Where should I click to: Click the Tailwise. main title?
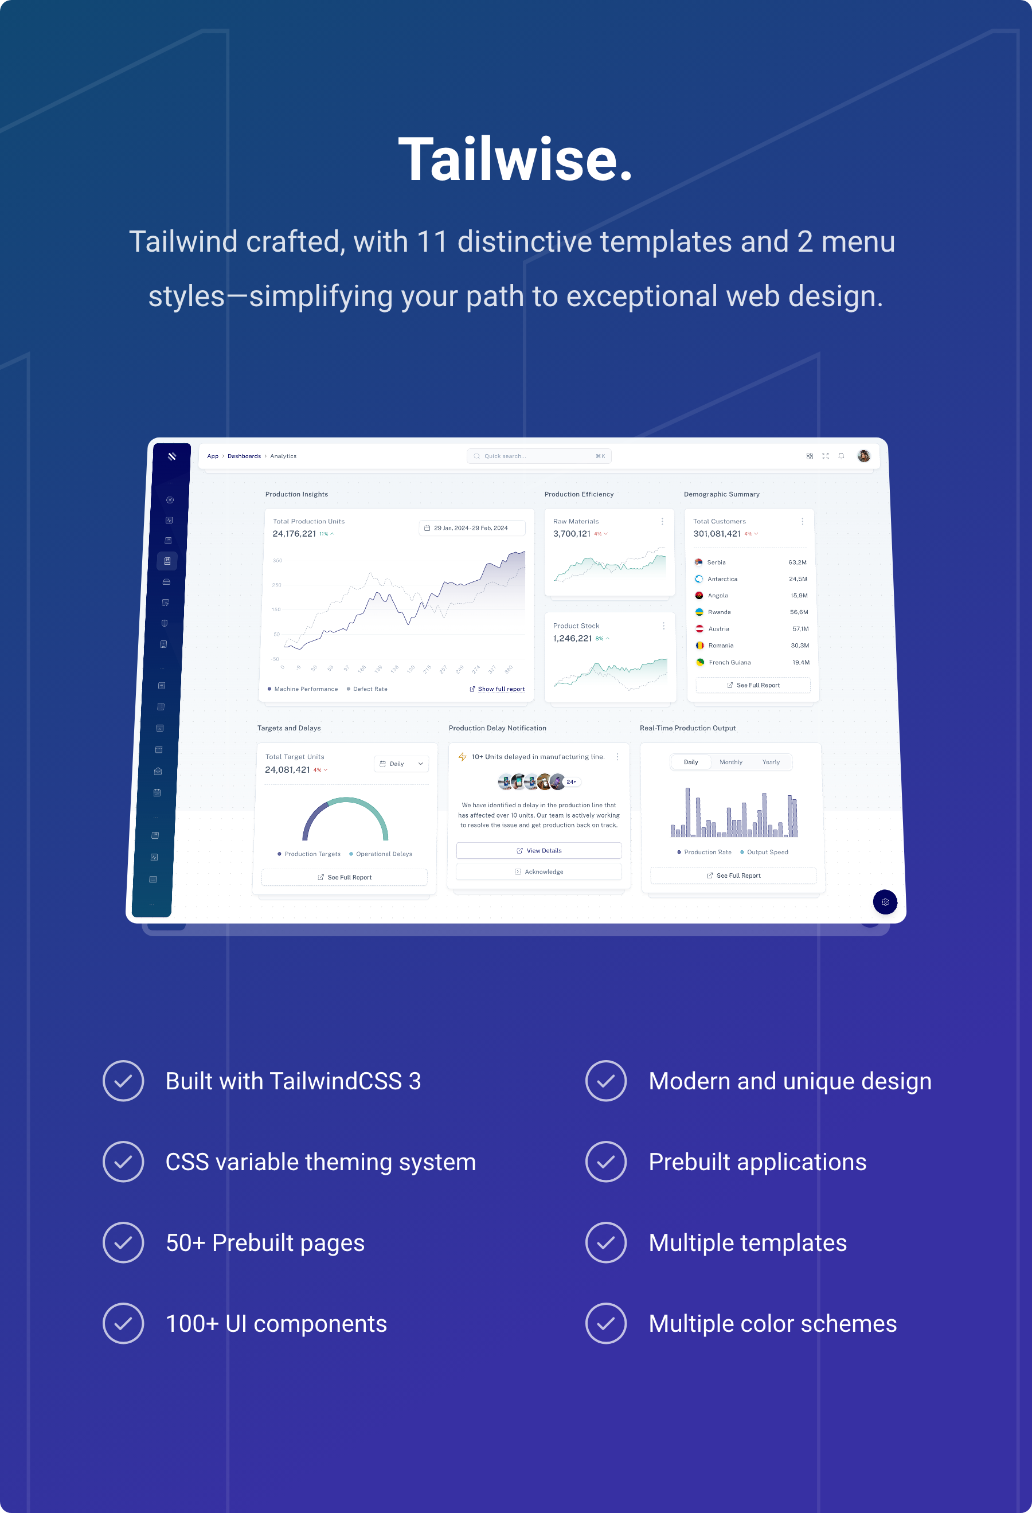(515, 159)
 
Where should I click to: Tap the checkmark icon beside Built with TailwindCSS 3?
(123, 1081)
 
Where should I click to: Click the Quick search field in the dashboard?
(538, 456)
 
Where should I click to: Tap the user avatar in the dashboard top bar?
(863, 456)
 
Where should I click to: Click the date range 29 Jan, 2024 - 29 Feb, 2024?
(471, 528)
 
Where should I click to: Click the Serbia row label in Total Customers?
(716, 562)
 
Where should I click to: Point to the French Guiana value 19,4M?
(801, 662)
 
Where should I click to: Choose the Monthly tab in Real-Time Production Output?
(730, 763)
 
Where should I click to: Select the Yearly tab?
(771, 763)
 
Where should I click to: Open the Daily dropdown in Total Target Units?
(401, 764)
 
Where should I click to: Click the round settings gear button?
(885, 902)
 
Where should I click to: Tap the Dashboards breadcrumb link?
(244, 456)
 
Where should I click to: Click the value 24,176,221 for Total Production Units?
(294, 534)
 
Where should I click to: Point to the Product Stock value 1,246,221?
(572, 639)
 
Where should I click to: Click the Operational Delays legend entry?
(384, 854)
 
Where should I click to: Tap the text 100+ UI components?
(276, 1324)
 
